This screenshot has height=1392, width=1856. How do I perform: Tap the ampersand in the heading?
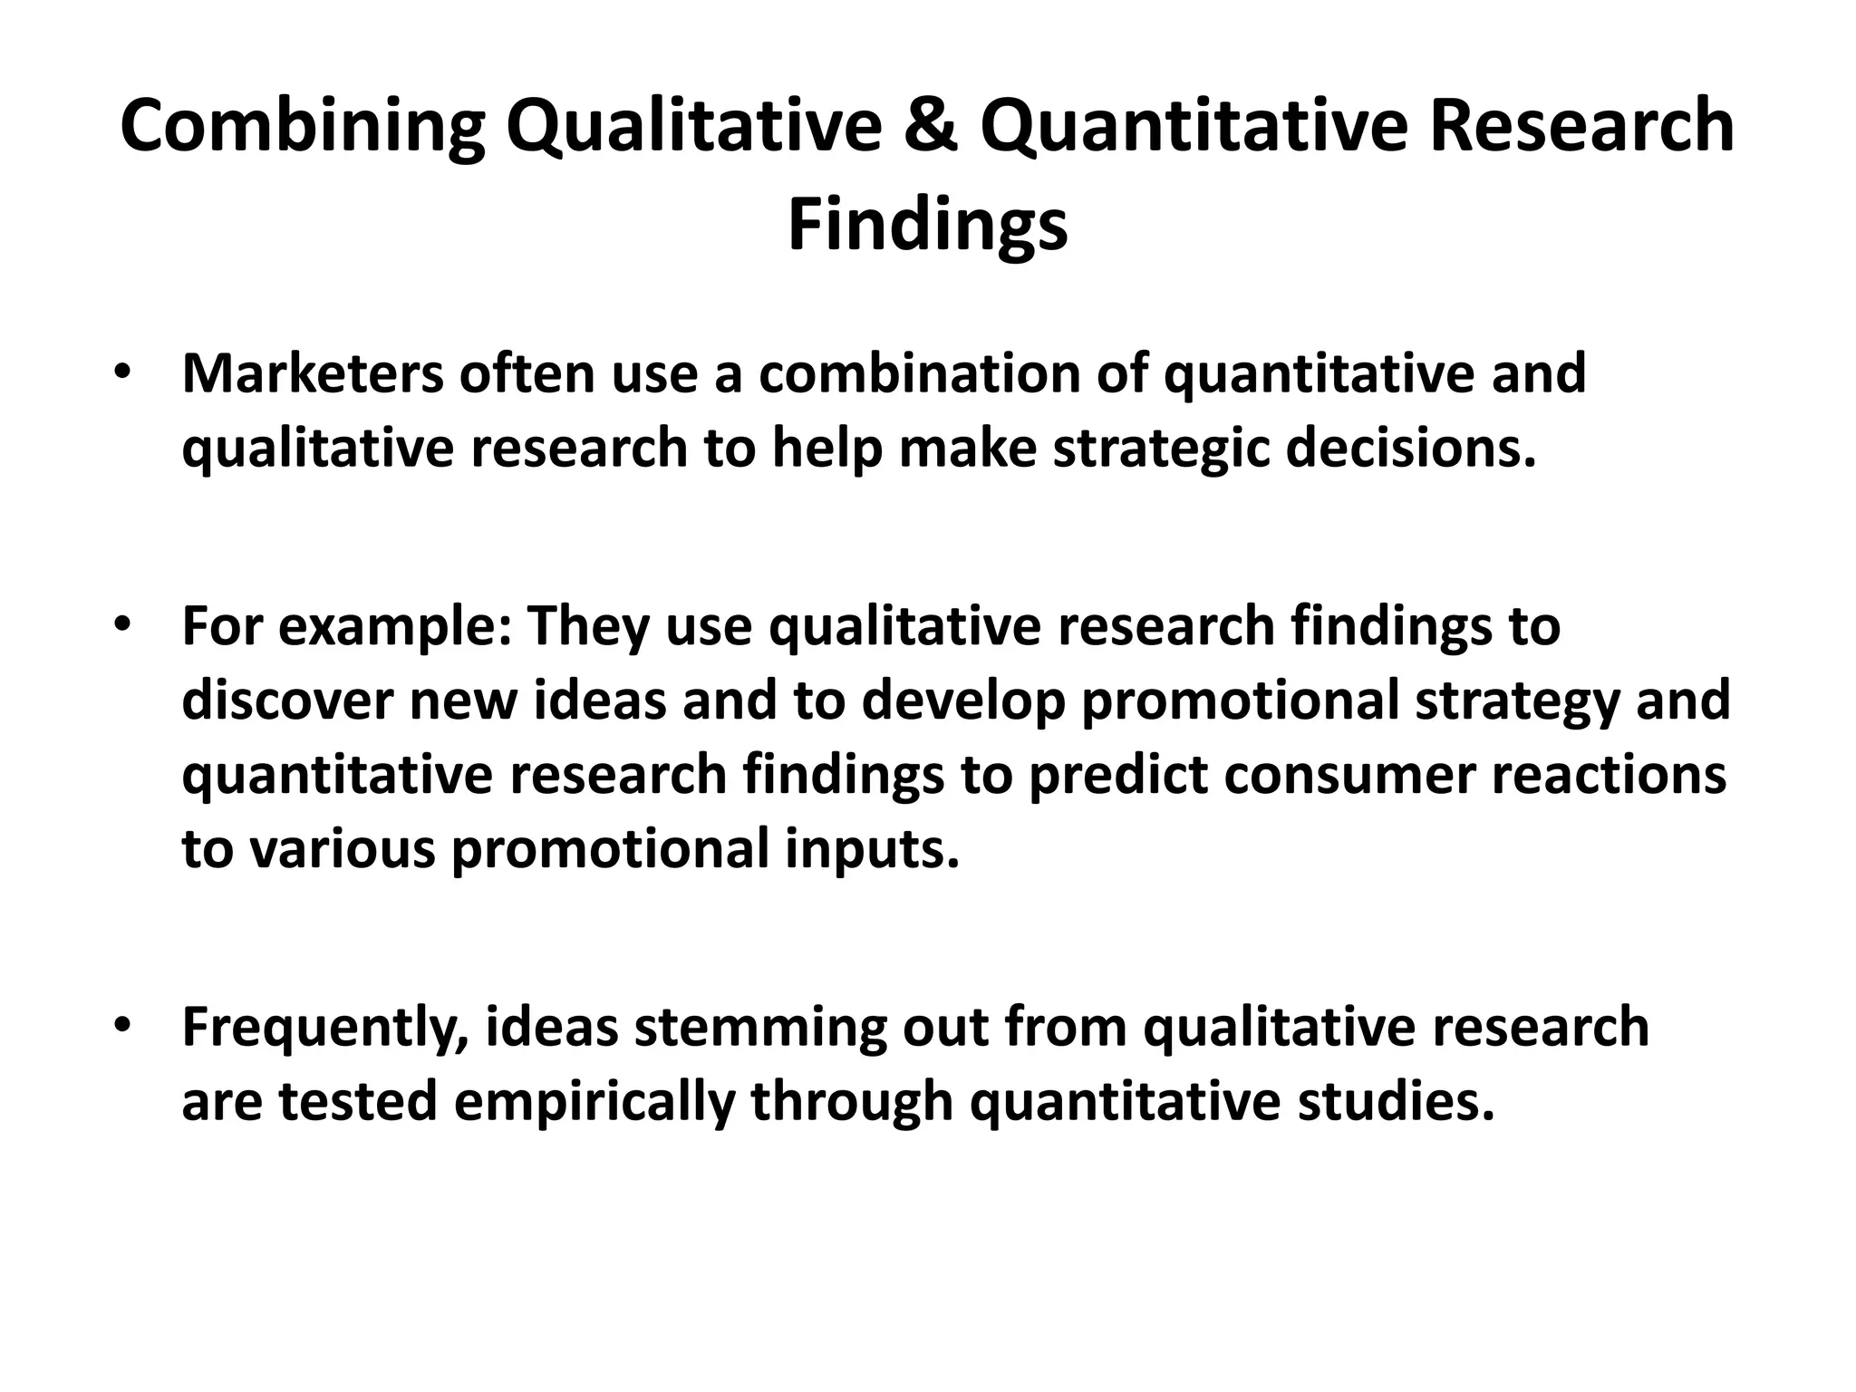click(x=931, y=127)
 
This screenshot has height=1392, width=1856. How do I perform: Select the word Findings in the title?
click(x=927, y=227)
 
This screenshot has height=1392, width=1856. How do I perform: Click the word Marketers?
click(x=313, y=373)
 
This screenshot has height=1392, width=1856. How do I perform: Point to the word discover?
click(x=287, y=701)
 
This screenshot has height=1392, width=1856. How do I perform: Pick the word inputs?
click(x=872, y=850)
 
